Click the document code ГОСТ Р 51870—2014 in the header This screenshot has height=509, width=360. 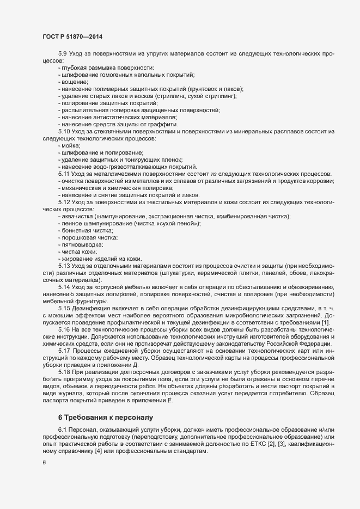coord(72,37)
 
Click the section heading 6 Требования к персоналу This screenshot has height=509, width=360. coord(106,418)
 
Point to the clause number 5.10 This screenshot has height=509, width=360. coord(64,132)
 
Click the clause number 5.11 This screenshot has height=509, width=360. coord(64,174)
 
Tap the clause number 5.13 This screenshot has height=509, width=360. coord(64,266)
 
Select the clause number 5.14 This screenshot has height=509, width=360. coord(64,287)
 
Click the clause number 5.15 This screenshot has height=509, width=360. coord(64,308)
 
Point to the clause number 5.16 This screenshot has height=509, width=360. coord(64,330)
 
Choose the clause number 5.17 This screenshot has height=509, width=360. coord(64,351)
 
